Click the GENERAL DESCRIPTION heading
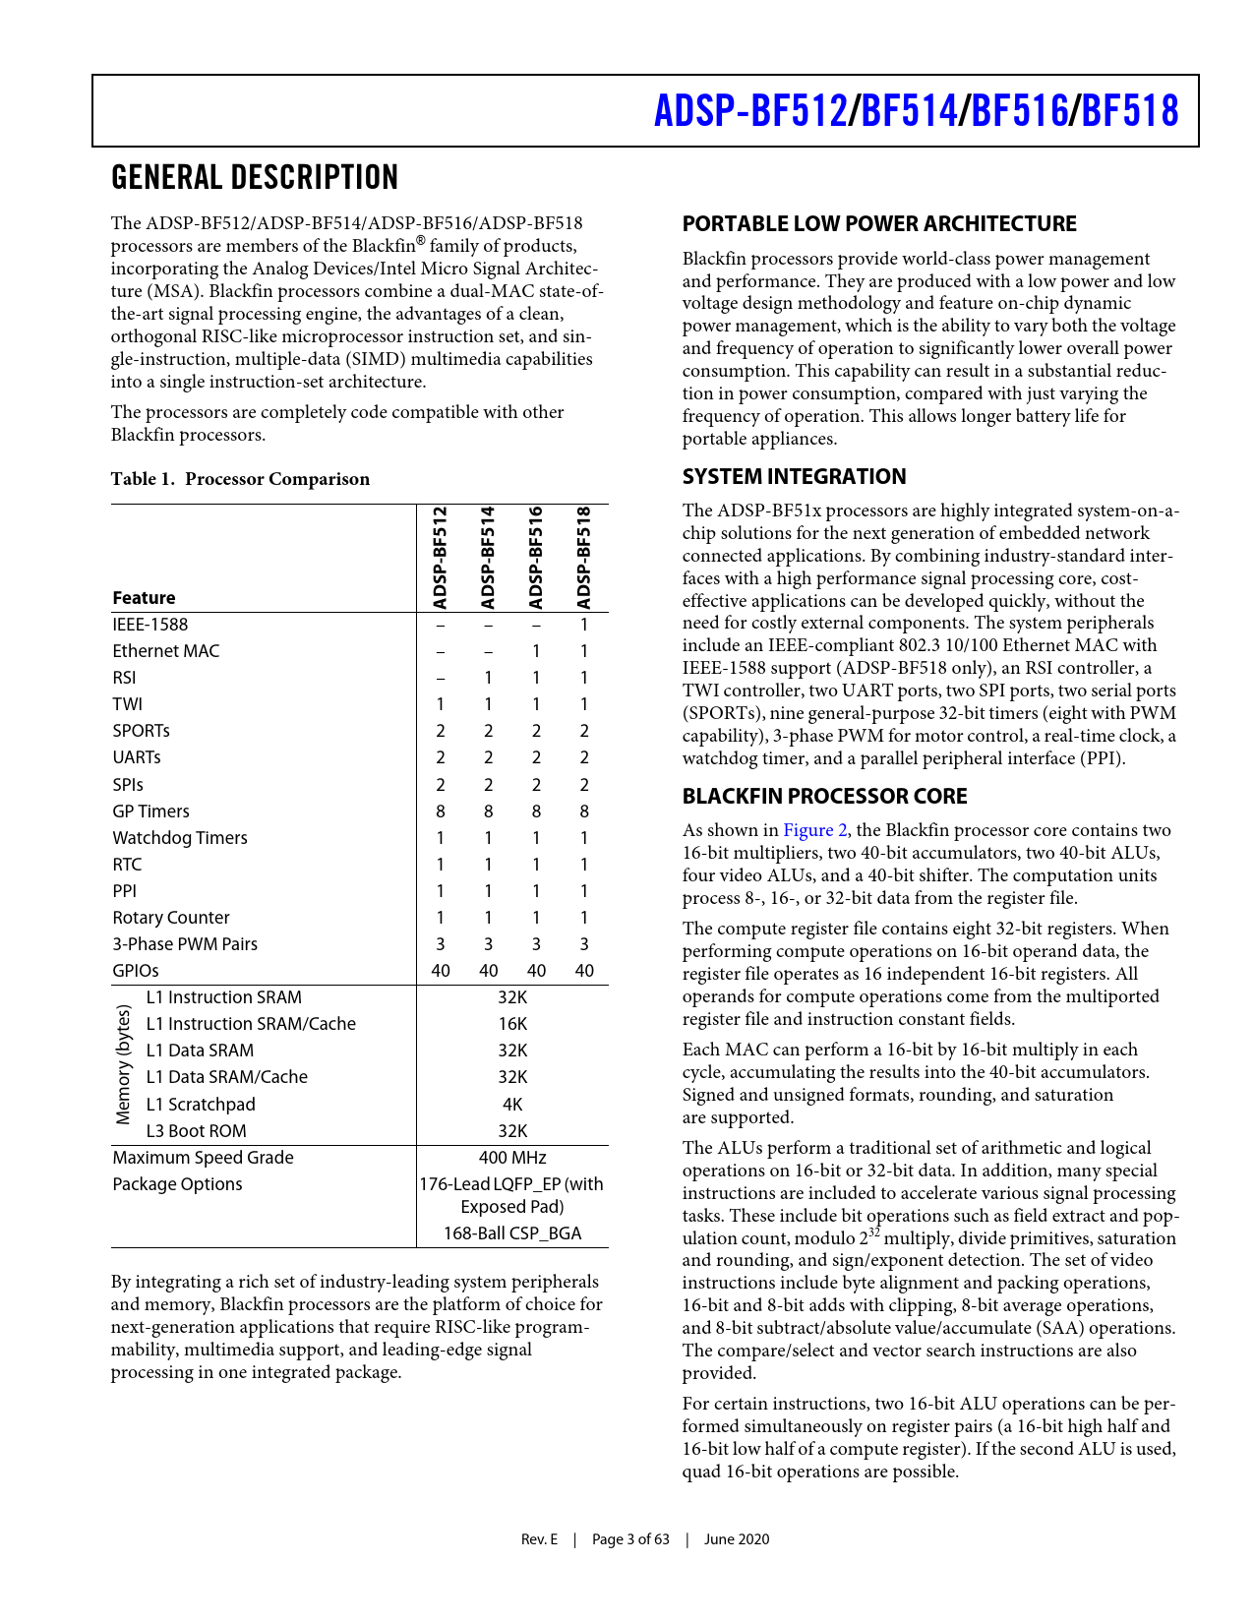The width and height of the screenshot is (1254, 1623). (255, 178)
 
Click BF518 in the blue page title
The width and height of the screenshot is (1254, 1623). (1129, 111)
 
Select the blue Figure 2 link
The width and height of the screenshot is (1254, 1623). (814, 830)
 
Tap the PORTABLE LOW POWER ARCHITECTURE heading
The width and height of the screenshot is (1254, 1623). (878, 224)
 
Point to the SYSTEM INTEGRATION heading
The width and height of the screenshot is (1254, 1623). (794, 477)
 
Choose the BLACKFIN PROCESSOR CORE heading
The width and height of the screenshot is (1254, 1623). (824, 797)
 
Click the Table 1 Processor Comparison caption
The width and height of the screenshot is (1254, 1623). (240, 479)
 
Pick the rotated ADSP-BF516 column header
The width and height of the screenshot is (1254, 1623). (536, 558)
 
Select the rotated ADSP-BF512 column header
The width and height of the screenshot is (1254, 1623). (441, 558)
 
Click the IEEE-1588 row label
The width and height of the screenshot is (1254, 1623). (149, 625)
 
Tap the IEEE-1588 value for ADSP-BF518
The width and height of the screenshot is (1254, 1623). (583, 625)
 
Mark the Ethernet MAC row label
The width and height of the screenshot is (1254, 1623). (165, 651)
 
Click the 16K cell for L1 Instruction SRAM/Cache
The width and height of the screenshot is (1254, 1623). (512, 1024)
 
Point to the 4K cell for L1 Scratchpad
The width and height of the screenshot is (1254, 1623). (512, 1105)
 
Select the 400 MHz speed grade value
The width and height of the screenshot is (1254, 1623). (512, 1158)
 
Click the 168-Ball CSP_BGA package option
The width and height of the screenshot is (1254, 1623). (512, 1233)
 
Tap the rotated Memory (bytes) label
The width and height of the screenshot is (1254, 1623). (124, 1064)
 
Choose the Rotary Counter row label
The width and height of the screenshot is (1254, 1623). (170, 918)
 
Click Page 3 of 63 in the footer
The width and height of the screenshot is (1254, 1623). (630, 1539)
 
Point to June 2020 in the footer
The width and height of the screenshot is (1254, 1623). (737, 1539)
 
